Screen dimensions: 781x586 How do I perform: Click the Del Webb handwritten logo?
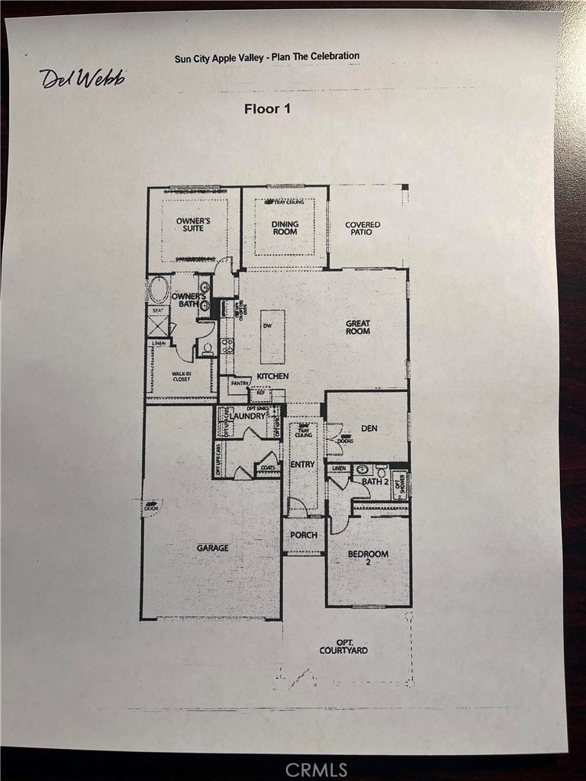(82, 78)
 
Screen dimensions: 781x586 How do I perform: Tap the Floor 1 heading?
(267, 108)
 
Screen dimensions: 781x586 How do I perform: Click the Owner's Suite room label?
(193, 225)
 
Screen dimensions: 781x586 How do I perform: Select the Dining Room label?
(285, 228)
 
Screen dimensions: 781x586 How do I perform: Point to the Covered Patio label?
(362, 228)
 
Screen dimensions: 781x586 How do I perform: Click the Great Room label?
(358, 327)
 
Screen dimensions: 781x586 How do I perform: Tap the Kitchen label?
(272, 377)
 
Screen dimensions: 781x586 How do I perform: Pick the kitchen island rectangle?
(272, 336)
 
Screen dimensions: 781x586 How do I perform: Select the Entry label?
(303, 464)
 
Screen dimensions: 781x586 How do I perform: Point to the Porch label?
(304, 535)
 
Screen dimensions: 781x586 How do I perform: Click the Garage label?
(212, 548)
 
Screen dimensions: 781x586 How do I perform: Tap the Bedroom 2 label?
(369, 558)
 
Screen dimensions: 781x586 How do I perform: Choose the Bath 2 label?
(375, 481)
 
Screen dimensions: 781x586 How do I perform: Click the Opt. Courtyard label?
(343, 646)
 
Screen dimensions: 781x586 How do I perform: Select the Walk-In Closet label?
(181, 376)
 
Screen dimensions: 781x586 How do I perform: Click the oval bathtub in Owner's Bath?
(159, 290)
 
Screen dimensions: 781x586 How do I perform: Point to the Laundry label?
(250, 416)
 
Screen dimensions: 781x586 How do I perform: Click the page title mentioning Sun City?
(267, 56)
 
